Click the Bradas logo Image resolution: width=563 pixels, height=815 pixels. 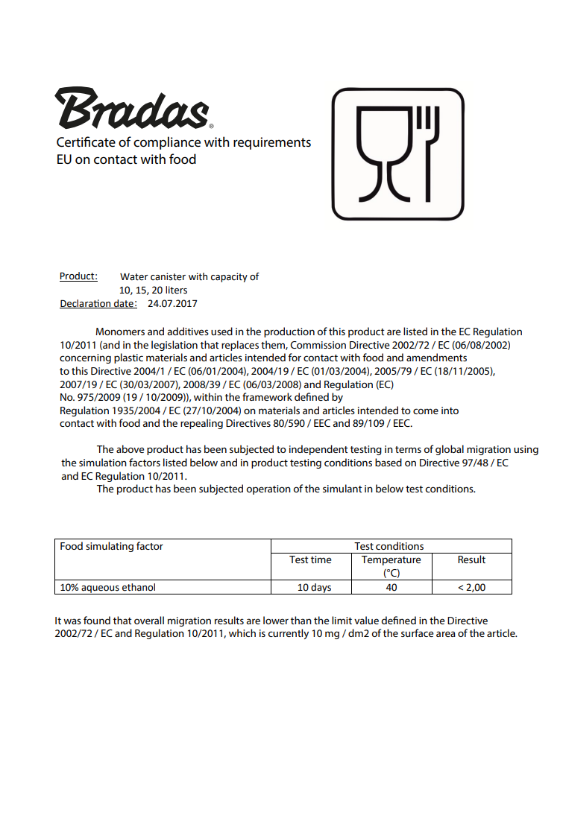point(133,109)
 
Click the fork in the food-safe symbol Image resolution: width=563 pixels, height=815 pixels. point(427,153)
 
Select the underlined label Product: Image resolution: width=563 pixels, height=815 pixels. point(78,276)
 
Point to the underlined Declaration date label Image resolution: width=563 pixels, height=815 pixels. point(98,304)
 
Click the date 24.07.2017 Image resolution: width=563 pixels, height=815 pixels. point(172,304)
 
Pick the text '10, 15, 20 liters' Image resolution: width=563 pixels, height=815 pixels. point(154,290)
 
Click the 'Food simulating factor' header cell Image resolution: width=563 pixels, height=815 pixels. point(111,546)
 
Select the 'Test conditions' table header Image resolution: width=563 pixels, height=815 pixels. point(389,546)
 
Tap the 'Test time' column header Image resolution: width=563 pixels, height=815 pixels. point(310,560)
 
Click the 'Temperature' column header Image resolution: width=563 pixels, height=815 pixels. point(391,560)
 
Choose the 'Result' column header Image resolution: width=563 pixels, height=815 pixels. point(471,560)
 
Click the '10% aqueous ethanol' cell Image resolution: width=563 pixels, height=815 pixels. point(108,587)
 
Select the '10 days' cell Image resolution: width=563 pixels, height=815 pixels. point(314,587)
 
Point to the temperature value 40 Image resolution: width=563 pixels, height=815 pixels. point(391,587)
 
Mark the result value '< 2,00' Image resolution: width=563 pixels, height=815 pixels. point(471,587)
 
